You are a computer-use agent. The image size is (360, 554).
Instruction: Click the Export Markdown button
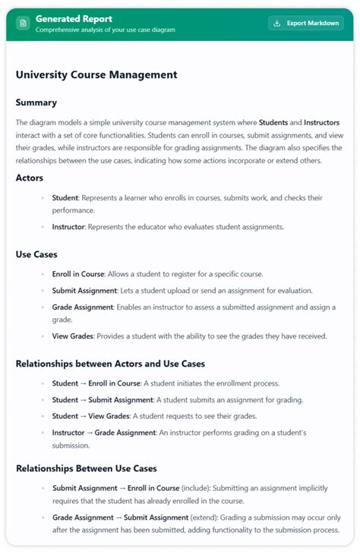click(306, 24)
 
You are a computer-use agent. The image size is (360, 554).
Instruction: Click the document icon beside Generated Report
click(24, 24)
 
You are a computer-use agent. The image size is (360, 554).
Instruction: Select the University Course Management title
click(96, 75)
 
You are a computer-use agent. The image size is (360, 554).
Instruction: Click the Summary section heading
click(36, 102)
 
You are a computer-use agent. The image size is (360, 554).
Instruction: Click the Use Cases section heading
click(36, 254)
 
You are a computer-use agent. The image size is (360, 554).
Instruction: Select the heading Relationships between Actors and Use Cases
click(109, 364)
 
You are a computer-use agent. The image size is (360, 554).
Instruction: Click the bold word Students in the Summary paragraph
click(277, 122)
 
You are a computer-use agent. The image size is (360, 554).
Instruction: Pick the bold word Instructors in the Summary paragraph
click(321, 122)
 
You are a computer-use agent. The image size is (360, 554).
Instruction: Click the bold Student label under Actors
click(65, 198)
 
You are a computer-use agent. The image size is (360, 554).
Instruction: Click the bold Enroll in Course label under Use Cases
click(77, 273)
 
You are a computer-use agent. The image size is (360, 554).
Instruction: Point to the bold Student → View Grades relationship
click(90, 416)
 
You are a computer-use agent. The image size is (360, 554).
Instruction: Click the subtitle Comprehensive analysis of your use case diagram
click(105, 30)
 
